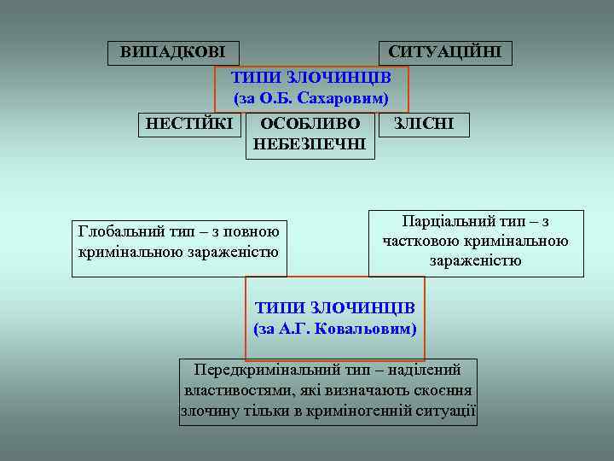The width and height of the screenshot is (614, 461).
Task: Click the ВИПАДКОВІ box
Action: tap(173, 51)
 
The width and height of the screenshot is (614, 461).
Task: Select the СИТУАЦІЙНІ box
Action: tap(445, 51)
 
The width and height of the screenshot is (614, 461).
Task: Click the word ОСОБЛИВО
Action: tap(310, 124)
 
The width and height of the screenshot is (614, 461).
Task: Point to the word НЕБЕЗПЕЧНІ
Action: tap(310, 144)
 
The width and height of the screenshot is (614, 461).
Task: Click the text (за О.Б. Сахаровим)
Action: tap(311, 98)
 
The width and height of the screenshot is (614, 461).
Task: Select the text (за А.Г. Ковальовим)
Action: tap(335, 328)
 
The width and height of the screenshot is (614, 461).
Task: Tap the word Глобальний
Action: tap(119, 231)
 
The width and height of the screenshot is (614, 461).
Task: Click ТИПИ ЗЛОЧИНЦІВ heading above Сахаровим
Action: tap(311, 77)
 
